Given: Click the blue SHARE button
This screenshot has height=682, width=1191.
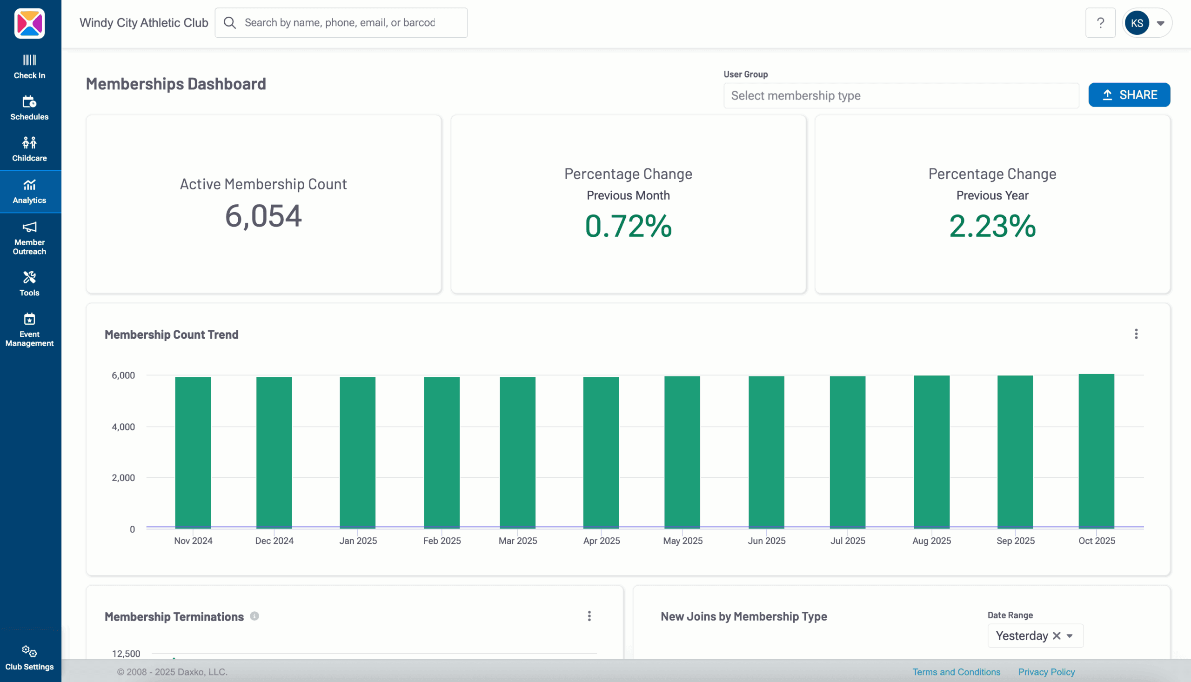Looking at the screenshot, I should tap(1129, 95).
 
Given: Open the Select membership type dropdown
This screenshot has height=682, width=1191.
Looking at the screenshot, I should tap(901, 95).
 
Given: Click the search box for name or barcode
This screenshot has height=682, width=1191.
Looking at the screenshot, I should tap(341, 22).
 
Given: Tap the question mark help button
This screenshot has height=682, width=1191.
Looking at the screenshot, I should tap(1100, 22).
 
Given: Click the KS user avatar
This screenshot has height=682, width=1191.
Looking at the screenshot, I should tap(1137, 23).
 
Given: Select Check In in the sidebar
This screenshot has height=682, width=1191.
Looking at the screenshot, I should tap(29, 67).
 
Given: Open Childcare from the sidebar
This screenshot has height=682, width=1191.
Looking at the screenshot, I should tap(29, 149).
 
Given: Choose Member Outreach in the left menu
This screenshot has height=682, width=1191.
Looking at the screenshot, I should tap(29, 238).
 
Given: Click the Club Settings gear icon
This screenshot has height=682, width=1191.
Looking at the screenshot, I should tap(29, 652).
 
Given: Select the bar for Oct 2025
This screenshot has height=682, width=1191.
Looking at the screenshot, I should tap(1096, 451).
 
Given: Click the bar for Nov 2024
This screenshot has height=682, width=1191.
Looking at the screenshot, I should tap(193, 453).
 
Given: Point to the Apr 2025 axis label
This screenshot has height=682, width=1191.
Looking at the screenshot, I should tap(602, 541).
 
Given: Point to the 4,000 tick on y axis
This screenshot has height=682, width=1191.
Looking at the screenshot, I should tap(123, 427).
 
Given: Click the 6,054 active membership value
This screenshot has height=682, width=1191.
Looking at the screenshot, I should tap(263, 216).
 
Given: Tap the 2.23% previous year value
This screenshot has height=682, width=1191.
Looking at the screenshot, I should tap(992, 226).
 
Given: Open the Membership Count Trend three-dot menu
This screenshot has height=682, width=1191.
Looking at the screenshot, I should tap(1136, 334).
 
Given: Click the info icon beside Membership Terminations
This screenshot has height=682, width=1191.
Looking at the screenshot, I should tap(254, 616).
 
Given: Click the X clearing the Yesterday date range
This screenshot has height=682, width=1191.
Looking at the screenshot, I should tap(1056, 635).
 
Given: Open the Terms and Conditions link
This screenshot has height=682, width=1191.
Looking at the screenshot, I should tap(956, 672).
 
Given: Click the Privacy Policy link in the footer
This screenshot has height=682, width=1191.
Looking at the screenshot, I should tap(1046, 672).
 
